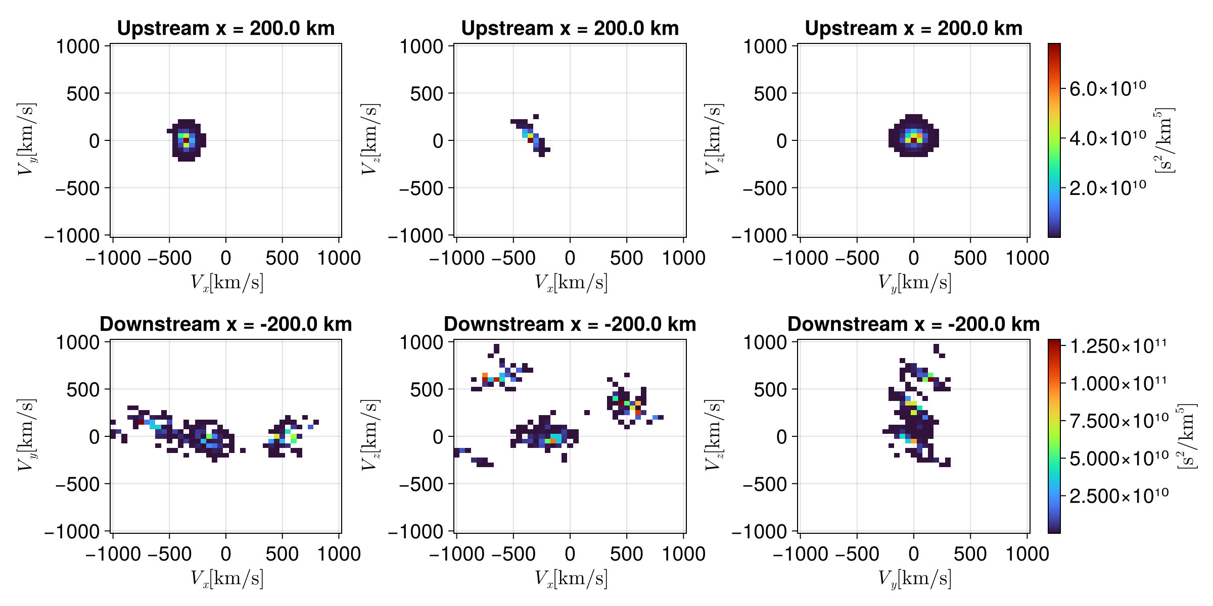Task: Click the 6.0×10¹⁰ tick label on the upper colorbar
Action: [x=1107, y=89]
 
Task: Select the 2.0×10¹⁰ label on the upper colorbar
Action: [x=1107, y=188]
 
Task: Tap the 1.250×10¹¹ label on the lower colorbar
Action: [x=1118, y=346]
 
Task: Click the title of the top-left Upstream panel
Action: [x=226, y=28]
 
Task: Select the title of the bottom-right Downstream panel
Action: [x=913, y=324]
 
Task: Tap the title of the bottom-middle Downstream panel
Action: [x=570, y=324]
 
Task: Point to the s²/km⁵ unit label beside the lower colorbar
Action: [x=1187, y=436]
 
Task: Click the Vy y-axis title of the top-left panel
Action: [x=26, y=140]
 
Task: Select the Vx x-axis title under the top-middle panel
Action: [x=571, y=282]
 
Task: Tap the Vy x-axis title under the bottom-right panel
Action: [x=914, y=578]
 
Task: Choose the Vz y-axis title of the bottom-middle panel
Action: [x=370, y=436]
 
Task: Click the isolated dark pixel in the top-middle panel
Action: [x=536, y=117]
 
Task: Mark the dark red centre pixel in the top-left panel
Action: [x=186, y=140]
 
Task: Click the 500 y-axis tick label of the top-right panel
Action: [x=770, y=93]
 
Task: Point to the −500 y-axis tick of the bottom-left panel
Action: [x=78, y=484]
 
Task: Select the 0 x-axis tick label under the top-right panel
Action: [x=913, y=259]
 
